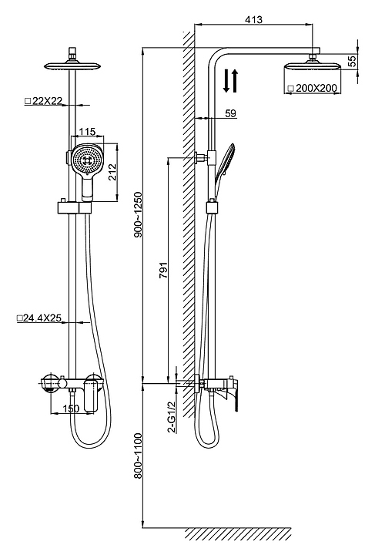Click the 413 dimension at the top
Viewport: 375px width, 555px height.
pos(254,19)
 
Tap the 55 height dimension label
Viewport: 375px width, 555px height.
pos(352,61)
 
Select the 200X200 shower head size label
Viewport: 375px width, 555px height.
pos(313,88)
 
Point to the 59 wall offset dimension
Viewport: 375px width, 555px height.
pos(230,113)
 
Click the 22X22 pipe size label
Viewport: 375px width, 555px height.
pos(43,101)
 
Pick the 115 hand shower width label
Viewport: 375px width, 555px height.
pos(87,132)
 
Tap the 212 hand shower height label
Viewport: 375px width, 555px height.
pos(112,172)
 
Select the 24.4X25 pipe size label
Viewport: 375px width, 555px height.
pos(39,318)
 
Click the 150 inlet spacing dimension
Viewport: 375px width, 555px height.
pos(71,409)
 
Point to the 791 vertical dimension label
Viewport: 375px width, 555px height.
pos(163,271)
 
